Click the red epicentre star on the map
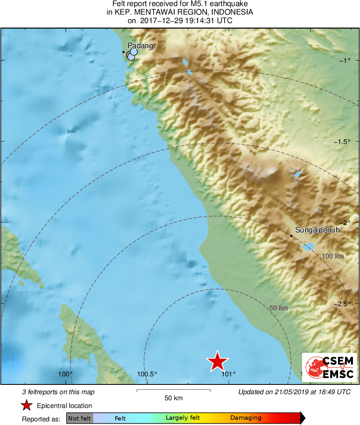[218, 361]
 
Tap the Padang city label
[140, 46]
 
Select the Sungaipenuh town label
[317, 230]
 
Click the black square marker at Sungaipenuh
[291, 236]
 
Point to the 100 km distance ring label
[333, 256]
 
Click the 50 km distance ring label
[279, 308]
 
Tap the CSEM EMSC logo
[329, 367]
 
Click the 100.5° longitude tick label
[147, 374]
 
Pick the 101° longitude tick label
[229, 374]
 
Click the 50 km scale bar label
[174, 398]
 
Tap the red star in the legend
[27, 406]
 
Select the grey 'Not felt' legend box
[79, 418]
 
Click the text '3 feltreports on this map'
[58, 392]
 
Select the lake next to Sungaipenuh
[309, 246]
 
